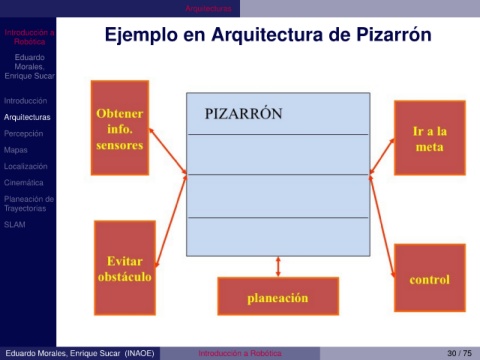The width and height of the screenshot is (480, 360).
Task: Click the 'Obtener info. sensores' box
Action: click(x=120, y=128)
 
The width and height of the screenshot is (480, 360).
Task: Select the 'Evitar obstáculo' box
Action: click(x=125, y=268)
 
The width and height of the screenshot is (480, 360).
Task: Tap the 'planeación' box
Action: click(x=278, y=296)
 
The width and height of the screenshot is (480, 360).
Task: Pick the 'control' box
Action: click(x=430, y=278)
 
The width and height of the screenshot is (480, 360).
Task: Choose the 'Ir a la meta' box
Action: click(x=430, y=138)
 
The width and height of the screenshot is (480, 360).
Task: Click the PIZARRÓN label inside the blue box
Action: click(x=243, y=114)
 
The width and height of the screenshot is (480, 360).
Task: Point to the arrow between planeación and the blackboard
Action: click(x=278, y=267)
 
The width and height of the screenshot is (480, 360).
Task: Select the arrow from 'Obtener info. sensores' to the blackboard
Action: click(x=168, y=151)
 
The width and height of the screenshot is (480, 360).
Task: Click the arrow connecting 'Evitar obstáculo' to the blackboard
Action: click(x=171, y=221)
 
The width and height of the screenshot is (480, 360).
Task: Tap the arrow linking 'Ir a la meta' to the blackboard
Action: click(x=382, y=156)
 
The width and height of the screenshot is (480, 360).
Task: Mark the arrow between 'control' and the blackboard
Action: click(x=382, y=226)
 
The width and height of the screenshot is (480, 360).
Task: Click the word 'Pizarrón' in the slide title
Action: click(x=394, y=34)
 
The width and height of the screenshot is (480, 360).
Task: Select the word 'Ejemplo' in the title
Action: click(x=141, y=35)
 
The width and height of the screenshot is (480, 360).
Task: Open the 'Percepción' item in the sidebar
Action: click(x=24, y=134)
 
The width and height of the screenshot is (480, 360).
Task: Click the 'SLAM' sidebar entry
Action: click(x=15, y=225)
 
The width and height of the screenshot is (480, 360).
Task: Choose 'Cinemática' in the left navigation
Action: click(x=24, y=183)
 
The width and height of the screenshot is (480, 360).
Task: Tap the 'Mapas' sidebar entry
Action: click(x=16, y=150)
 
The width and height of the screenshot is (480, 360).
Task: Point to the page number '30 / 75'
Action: click(x=459, y=353)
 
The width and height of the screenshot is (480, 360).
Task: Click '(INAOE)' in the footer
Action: click(x=139, y=353)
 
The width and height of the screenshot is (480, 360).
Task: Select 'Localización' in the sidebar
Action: click(x=26, y=166)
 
